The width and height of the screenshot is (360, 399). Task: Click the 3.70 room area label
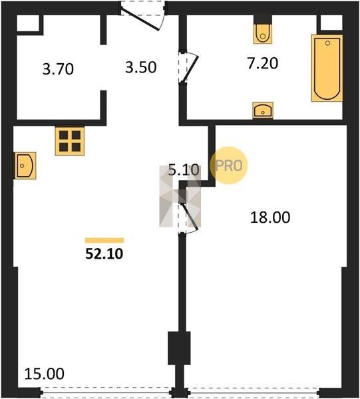click(58, 69)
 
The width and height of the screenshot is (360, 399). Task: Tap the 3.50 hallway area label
click(141, 68)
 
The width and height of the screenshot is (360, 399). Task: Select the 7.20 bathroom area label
click(262, 63)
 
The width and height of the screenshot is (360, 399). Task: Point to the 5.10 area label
click(184, 170)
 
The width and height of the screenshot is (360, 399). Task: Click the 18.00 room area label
click(270, 217)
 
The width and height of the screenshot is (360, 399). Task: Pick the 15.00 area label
click(45, 374)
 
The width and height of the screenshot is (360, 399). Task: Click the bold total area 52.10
click(104, 254)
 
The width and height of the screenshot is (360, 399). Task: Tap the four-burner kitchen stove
click(70, 141)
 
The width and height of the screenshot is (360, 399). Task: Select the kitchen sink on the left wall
click(25, 166)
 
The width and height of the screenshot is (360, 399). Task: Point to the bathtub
click(327, 68)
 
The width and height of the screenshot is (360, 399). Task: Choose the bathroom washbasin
click(263, 110)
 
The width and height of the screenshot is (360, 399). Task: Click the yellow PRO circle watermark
click(229, 166)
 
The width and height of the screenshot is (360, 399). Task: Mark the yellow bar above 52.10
click(104, 241)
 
